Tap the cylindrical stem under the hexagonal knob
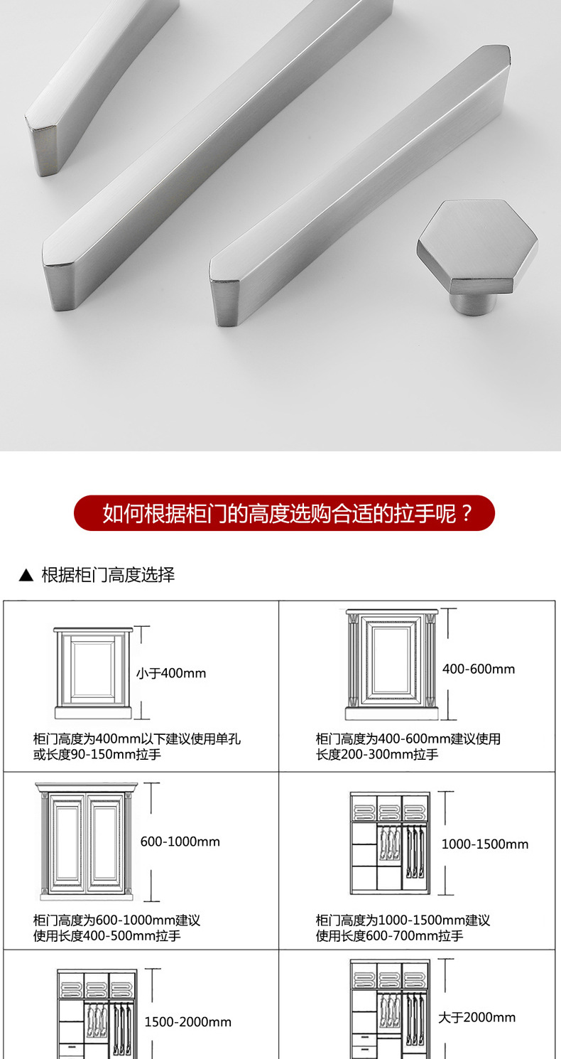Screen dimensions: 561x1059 point(474,303)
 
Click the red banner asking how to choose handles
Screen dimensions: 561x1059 point(284,513)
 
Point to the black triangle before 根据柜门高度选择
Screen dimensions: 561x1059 point(26,575)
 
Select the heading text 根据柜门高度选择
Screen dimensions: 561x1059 point(108,575)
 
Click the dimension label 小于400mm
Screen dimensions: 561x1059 point(171,673)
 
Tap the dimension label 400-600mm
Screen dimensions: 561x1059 point(479,669)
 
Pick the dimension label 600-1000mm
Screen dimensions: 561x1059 point(180,842)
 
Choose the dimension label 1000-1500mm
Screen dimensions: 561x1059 point(485,844)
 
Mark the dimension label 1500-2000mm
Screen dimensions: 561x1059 point(188,1022)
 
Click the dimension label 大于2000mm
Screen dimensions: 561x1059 point(477,1017)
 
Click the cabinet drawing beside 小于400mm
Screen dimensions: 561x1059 point(93,673)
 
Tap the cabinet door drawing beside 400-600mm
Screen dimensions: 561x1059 point(391,665)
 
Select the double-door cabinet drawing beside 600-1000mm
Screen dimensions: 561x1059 point(87,841)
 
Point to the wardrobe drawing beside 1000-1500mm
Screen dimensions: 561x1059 point(390,844)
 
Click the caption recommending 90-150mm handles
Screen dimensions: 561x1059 point(136,746)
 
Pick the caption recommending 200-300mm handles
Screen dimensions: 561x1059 point(408,746)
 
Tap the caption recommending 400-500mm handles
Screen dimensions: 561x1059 point(116,928)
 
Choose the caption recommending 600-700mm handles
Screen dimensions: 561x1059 point(403,928)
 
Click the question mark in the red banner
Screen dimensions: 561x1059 point(467,513)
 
